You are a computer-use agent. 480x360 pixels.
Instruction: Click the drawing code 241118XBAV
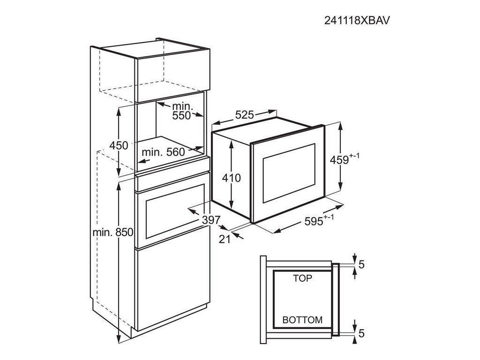(358, 20)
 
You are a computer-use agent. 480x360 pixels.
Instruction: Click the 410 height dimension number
(231, 178)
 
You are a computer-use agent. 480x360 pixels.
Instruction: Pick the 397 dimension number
(211, 220)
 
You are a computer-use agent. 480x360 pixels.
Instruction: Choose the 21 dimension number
(225, 239)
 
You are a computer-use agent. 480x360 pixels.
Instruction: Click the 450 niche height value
(119, 146)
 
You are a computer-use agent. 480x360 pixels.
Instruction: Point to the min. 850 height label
(113, 232)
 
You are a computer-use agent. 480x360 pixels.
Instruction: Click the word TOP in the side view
(302, 278)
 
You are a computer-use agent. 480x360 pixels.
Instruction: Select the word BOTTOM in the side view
(302, 320)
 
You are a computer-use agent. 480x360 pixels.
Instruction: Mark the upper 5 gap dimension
(360, 264)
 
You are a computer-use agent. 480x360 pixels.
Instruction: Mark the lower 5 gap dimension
(360, 333)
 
